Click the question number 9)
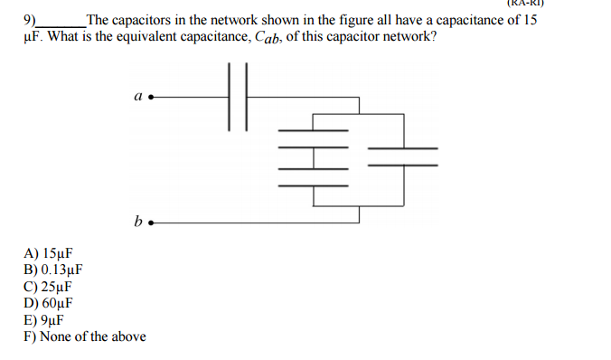coord(30,20)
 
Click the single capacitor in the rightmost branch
coord(403,156)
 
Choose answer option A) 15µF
coord(48,255)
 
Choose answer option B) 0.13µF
coord(53,270)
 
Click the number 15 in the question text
coord(530,20)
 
